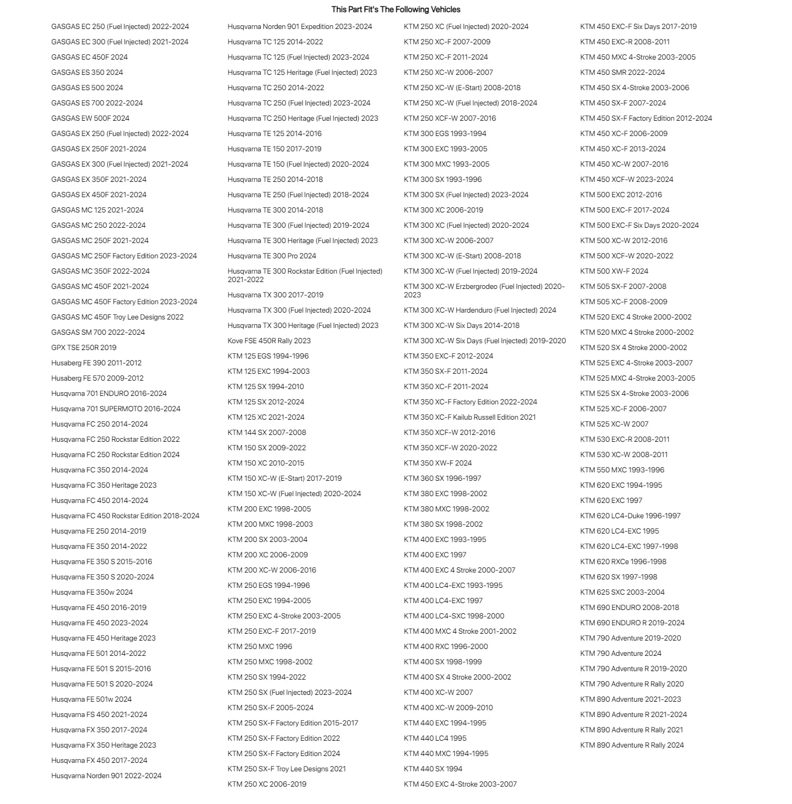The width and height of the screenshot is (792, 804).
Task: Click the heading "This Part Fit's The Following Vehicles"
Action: pyautogui.click(x=396, y=9)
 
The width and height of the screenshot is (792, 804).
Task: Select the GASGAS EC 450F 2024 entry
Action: pyautogui.click(x=89, y=57)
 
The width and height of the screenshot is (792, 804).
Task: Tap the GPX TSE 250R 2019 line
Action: pyautogui.click(x=84, y=347)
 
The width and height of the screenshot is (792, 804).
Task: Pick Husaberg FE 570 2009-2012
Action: pyautogui.click(x=97, y=378)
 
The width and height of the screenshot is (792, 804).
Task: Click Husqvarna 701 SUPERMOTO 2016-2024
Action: pyautogui.click(x=116, y=409)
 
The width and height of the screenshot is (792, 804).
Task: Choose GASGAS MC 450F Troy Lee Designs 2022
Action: pyautogui.click(x=117, y=317)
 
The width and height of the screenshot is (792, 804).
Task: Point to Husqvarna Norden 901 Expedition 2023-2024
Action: pyautogui.click(x=300, y=26)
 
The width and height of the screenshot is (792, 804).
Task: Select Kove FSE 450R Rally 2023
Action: pyautogui.click(x=269, y=341)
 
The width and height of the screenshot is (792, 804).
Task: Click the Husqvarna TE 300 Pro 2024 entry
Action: pyautogui.click(x=272, y=256)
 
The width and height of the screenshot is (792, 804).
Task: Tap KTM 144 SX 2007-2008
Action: pyautogui.click(x=266, y=432)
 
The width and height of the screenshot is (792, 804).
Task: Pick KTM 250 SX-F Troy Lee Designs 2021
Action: pyautogui.click(x=287, y=769)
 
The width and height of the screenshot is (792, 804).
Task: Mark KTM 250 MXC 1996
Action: pyautogui.click(x=260, y=646)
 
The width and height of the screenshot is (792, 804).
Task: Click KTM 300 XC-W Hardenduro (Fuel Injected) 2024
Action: pyautogui.click(x=480, y=310)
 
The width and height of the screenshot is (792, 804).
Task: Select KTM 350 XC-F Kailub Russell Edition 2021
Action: pyautogui.click(x=470, y=417)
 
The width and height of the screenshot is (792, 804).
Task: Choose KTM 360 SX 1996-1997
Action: pyautogui.click(x=442, y=478)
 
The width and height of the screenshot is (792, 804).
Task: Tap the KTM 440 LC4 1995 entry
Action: pyautogui.click(x=435, y=738)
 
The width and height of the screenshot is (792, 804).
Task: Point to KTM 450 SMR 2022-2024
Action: pyautogui.click(x=622, y=72)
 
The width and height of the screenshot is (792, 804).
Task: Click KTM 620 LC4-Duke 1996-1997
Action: pyautogui.click(x=630, y=516)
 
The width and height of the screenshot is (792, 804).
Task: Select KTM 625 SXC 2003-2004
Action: pyautogui.click(x=622, y=592)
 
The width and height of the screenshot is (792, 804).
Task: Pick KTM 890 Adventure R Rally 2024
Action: pyautogui.click(x=632, y=745)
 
